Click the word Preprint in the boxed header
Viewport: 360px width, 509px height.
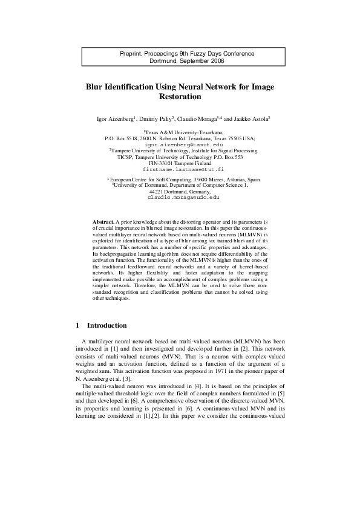(x=133, y=54)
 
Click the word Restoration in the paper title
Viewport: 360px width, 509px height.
(x=179, y=97)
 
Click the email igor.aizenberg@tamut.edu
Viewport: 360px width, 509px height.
(x=180, y=144)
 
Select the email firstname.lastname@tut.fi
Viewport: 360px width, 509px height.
(x=179, y=170)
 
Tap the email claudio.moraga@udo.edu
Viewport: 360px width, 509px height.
(x=179, y=197)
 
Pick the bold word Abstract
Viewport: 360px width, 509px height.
(x=103, y=222)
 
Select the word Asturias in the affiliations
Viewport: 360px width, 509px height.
(x=234, y=180)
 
